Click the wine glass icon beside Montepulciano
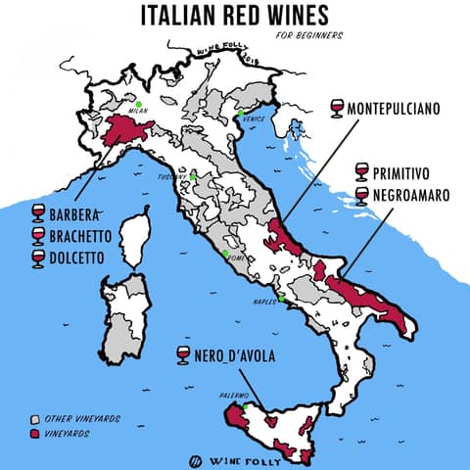pos(338,107)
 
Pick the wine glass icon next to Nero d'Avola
pos(182,354)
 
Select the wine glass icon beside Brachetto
pos(39,236)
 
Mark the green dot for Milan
pos(140,105)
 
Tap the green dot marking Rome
pos(225,254)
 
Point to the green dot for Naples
pos(281,299)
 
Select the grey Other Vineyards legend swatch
pos(34,418)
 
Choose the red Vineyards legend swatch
pos(34,432)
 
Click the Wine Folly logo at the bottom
pos(235,458)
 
